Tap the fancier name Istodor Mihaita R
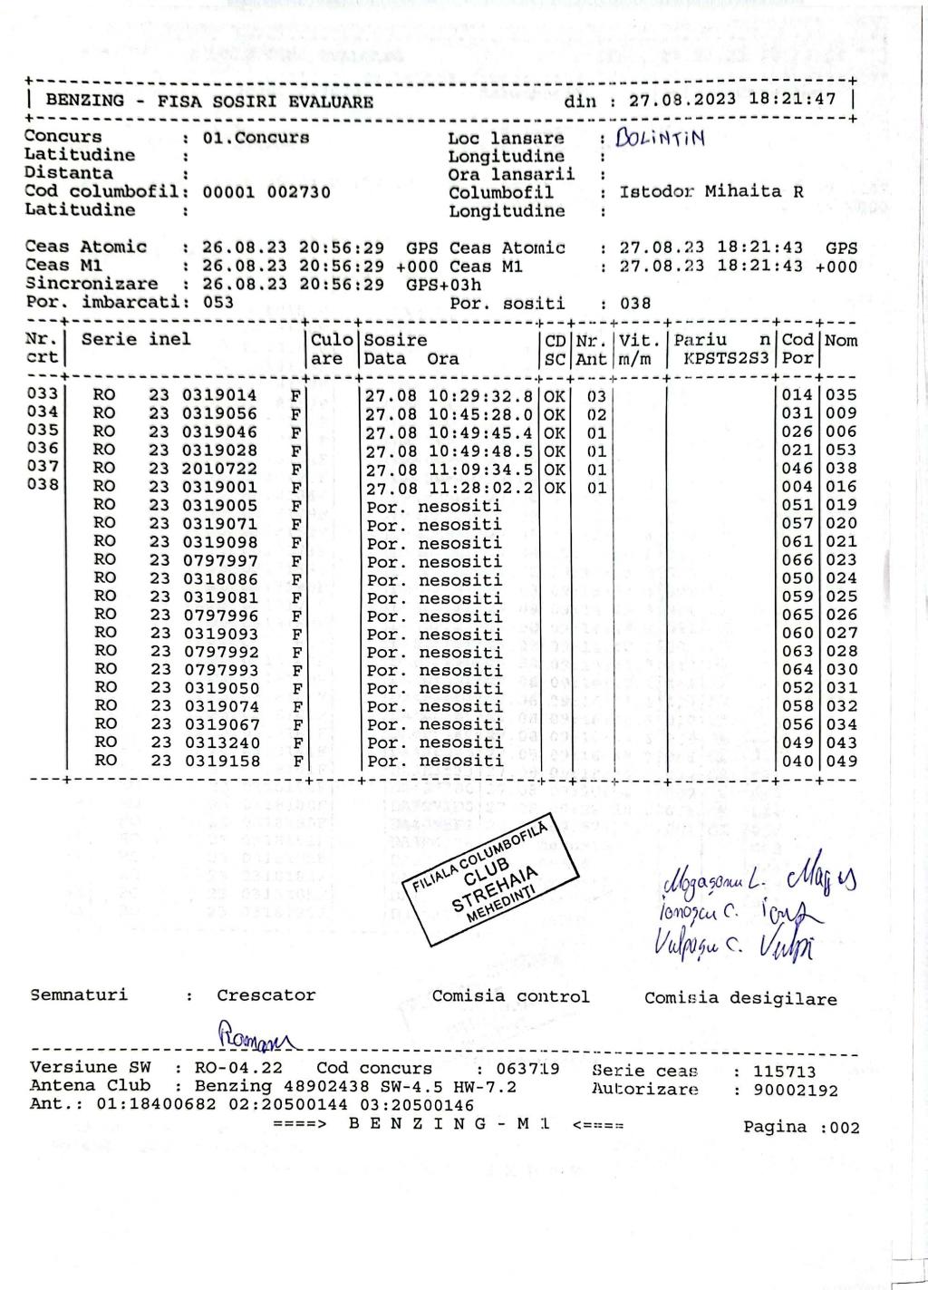(x=711, y=192)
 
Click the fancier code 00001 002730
(x=266, y=192)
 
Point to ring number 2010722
(x=221, y=469)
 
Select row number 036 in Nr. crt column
(x=43, y=449)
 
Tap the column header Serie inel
(x=136, y=340)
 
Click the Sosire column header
(x=395, y=341)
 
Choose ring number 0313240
(x=221, y=743)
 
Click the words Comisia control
(x=510, y=997)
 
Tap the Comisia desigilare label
(x=740, y=999)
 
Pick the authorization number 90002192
(x=796, y=1091)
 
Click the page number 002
(x=843, y=1128)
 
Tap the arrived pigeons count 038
(x=635, y=304)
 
